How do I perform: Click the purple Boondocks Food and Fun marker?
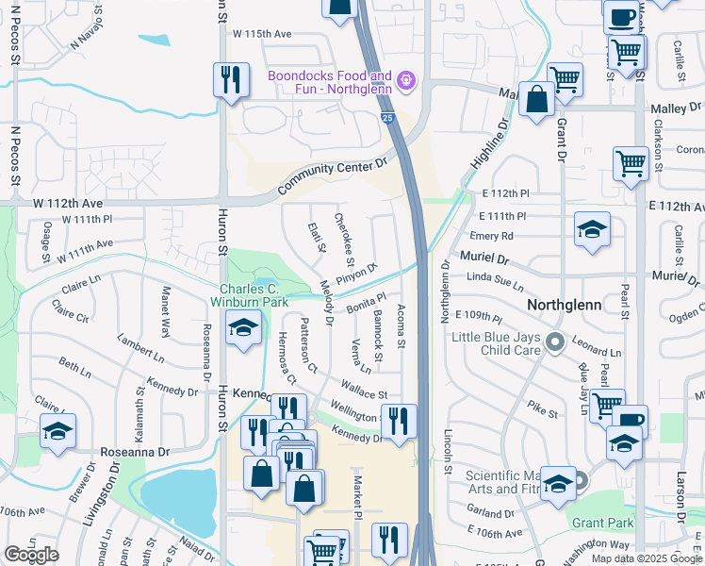click(406, 81)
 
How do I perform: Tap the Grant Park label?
click(602, 522)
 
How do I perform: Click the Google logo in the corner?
click(31, 555)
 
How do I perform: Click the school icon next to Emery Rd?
click(592, 229)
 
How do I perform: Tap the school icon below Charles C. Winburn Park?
click(243, 329)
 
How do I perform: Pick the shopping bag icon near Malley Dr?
click(536, 100)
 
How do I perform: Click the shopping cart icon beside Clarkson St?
click(631, 163)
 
